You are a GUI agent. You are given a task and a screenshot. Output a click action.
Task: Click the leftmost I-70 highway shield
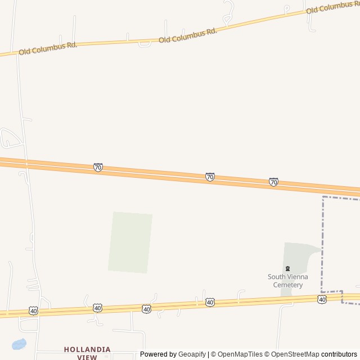point(98,167)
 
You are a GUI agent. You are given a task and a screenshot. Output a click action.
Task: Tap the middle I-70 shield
point(210,177)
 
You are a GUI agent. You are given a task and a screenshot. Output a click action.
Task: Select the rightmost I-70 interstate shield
point(273,182)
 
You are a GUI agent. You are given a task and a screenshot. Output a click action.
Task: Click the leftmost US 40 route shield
point(34,311)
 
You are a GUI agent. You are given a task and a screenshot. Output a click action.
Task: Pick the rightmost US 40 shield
point(322,299)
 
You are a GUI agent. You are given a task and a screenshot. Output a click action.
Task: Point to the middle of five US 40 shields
point(147,309)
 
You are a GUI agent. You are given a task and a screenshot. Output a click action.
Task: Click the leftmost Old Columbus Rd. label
point(48,48)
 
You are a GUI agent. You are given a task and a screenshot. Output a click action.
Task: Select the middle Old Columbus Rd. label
point(188,35)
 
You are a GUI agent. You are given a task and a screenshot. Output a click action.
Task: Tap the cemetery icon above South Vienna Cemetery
point(288,268)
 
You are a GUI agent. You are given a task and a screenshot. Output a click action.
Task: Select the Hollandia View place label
point(87,353)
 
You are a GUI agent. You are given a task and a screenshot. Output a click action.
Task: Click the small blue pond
point(19,344)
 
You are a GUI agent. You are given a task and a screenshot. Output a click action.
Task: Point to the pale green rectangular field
point(130,242)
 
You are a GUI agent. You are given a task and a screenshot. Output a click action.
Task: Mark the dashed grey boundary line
point(323,242)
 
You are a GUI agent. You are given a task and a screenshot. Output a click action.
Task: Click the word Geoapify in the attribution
point(193,354)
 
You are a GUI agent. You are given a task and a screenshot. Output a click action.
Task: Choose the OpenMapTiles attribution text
point(240,354)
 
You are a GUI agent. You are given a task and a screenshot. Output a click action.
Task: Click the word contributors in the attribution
point(339,354)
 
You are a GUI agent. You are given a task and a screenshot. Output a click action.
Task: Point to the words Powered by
point(158,354)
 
